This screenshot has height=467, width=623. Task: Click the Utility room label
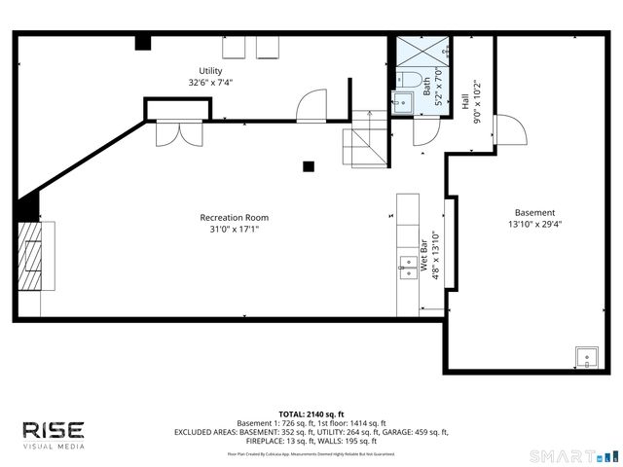[x=210, y=71]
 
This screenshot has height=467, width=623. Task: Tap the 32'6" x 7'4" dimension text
[x=210, y=83]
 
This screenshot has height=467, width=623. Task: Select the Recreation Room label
[x=234, y=217]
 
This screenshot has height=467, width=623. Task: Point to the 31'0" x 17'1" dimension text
[x=234, y=230]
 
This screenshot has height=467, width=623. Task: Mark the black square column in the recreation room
[x=309, y=165]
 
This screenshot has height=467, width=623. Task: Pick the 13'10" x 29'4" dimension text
[x=534, y=224]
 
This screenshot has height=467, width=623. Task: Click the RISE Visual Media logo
[x=54, y=433]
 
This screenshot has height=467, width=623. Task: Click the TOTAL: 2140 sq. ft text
[x=311, y=413]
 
